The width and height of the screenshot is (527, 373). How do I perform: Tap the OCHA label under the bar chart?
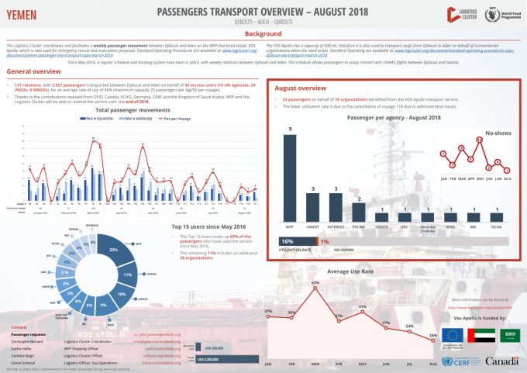pyautogui.click(x=496, y=226)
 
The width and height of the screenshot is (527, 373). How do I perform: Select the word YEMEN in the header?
pyautogui.click(x=22, y=13)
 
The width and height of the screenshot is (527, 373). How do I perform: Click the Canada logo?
pyautogui.click(x=502, y=362)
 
